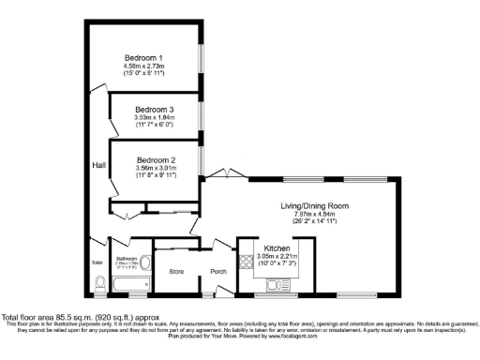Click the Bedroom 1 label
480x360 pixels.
pyautogui.click(x=143, y=58)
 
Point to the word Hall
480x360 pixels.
pyautogui.click(x=98, y=165)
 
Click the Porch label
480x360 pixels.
pyautogui.click(x=218, y=272)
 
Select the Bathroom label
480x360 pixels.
pyautogui.click(x=127, y=258)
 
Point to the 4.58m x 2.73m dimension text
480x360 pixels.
pyautogui.click(x=143, y=67)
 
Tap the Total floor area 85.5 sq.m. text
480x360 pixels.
pyautogui.click(x=72, y=318)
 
